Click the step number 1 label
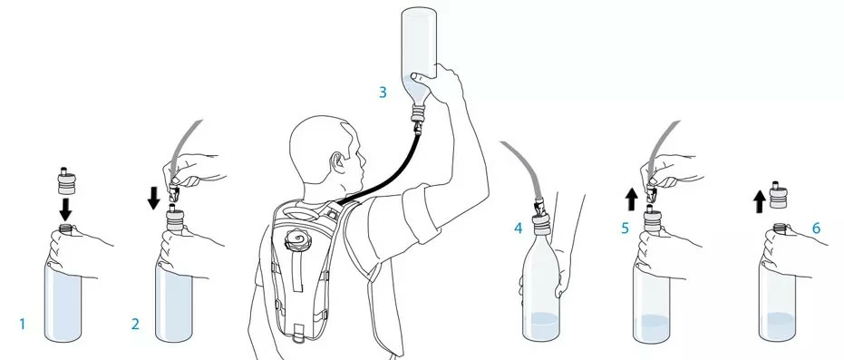click(x=23, y=324)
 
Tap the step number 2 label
click(x=135, y=324)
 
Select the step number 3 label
click(x=383, y=92)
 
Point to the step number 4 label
click(x=518, y=229)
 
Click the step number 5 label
click(x=625, y=229)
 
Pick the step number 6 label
click(x=816, y=229)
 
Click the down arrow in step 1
click(x=65, y=209)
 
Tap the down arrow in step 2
click(x=153, y=198)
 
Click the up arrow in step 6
click(x=759, y=202)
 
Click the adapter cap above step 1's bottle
click(x=64, y=180)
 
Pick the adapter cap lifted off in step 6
click(x=776, y=195)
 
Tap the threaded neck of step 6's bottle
click(x=780, y=228)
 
